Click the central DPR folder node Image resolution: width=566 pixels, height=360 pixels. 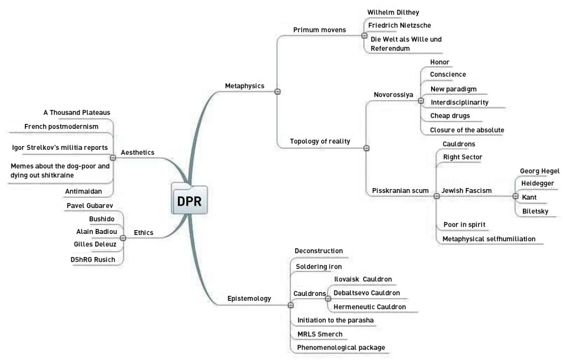pos(189,201)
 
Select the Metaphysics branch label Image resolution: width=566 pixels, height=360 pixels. pos(244,86)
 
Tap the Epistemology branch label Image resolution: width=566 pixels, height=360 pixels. pos(249,299)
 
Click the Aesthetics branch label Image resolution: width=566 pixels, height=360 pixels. pos(137,152)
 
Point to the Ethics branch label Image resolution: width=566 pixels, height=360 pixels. pos(144,232)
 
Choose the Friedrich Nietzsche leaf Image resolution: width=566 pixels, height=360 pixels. pos(400,25)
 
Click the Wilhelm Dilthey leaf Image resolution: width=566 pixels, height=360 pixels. pos(393,12)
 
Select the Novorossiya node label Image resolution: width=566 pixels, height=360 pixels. pos(394,95)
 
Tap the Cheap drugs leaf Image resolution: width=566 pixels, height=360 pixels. pos(450,116)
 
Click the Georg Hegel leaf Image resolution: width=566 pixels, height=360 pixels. pos(539,171)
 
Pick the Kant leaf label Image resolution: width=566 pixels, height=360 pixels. pos(529,197)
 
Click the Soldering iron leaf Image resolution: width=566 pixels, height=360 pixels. pos(319,267)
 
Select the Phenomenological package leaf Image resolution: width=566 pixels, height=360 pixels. pos(341,347)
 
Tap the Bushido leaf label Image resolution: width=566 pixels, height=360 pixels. pos(102,218)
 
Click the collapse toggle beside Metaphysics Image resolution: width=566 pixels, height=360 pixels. pos(277,91)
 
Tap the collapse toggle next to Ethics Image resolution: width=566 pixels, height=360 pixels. pos(123,238)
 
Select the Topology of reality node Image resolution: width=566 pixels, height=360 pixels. pos(320,141)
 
